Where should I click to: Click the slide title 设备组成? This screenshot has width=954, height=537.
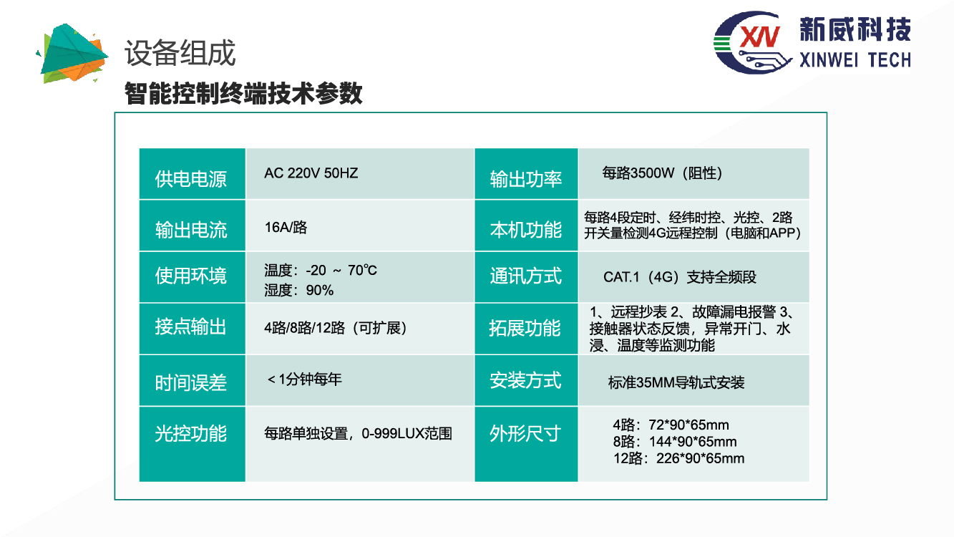(x=180, y=53)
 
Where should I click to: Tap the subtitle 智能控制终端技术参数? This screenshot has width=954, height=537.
(x=243, y=93)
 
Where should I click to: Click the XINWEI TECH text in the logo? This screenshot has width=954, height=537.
(x=855, y=60)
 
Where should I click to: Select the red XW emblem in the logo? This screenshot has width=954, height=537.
(x=760, y=37)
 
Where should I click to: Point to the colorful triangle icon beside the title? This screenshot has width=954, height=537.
(x=72, y=54)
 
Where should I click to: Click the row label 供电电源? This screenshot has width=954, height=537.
(x=191, y=179)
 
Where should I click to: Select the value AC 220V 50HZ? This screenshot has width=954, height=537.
(x=311, y=173)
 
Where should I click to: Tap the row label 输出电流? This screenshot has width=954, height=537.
(x=191, y=230)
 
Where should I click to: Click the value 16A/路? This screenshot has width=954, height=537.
(x=286, y=227)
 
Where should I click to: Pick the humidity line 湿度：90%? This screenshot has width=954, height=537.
(x=298, y=290)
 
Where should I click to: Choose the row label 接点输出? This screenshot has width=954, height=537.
(x=190, y=327)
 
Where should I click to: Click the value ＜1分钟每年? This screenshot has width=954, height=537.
(x=304, y=379)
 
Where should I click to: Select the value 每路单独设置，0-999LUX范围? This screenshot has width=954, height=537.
(x=358, y=433)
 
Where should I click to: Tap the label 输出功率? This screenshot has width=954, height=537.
(x=526, y=179)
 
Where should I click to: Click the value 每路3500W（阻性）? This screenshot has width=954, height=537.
(x=662, y=173)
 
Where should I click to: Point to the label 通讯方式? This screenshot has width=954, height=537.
(x=526, y=276)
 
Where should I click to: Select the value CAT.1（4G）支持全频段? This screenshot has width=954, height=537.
(x=680, y=277)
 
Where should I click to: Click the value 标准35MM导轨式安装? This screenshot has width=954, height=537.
(x=676, y=383)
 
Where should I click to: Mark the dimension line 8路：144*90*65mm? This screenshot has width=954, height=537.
(x=675, y=442)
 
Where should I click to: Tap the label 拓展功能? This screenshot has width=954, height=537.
(x=525, y=328)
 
